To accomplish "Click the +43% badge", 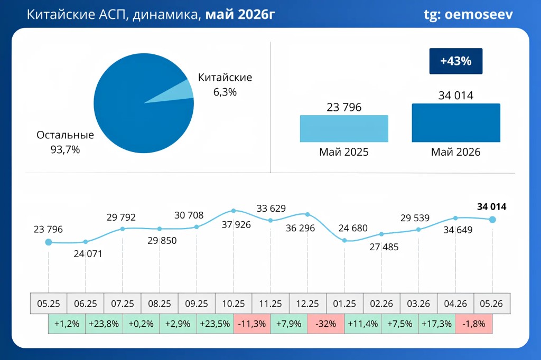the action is click(x=456, y=61).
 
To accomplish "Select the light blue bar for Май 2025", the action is click(x=344, y=129).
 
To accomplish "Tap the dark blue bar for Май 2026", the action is click(x=456, y=123).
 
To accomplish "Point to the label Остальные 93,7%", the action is click(x=65, y=142).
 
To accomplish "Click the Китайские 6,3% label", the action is click(x=225, y=84).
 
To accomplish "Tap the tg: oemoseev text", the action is click(x=468, y=15).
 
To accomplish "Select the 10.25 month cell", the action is click(x=234, y=304).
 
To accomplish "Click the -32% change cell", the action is click(x=325, y=324).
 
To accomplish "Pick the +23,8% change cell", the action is click(x=104, y=324).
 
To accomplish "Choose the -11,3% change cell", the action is click(x=252, y=324).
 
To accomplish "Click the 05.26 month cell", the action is click(x=491, y=304).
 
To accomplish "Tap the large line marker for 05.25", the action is click(x=49, y=242).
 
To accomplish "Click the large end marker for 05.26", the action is click(x=492, y=219).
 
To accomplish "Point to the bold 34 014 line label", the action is click(x=492, y=207).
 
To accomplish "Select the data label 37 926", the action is click(x=236, y=225).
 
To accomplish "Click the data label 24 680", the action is click(x=353, y=228).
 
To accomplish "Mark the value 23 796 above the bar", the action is click(x=344, y=107).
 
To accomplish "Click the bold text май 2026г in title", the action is click(x=240, y=15).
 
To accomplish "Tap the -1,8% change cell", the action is click(x=474, y=324).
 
